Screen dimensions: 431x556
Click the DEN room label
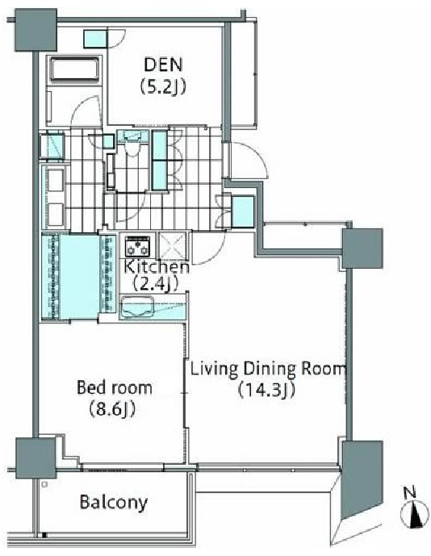click(x=163, y=65)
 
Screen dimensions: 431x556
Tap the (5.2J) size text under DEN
click(x=163, y=86)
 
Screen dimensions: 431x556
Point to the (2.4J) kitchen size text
click(x=155, y=284)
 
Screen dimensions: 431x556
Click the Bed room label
click(x=115, y=387)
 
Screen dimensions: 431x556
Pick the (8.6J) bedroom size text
click(x=112, y=409)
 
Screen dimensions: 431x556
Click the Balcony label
click(x=114, y=502)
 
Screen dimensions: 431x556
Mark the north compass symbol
click(x=414, y=515)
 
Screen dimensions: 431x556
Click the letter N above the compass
click(x=410, y=492)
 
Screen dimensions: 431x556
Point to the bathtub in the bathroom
click(x=74, y=69)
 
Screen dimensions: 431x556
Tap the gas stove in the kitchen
click(x=138, y=246)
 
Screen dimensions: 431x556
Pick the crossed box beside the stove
click(x=171, y=246)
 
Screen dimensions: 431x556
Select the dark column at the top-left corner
click(x=36, y=30)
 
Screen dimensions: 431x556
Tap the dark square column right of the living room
click(x=362, y=249)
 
